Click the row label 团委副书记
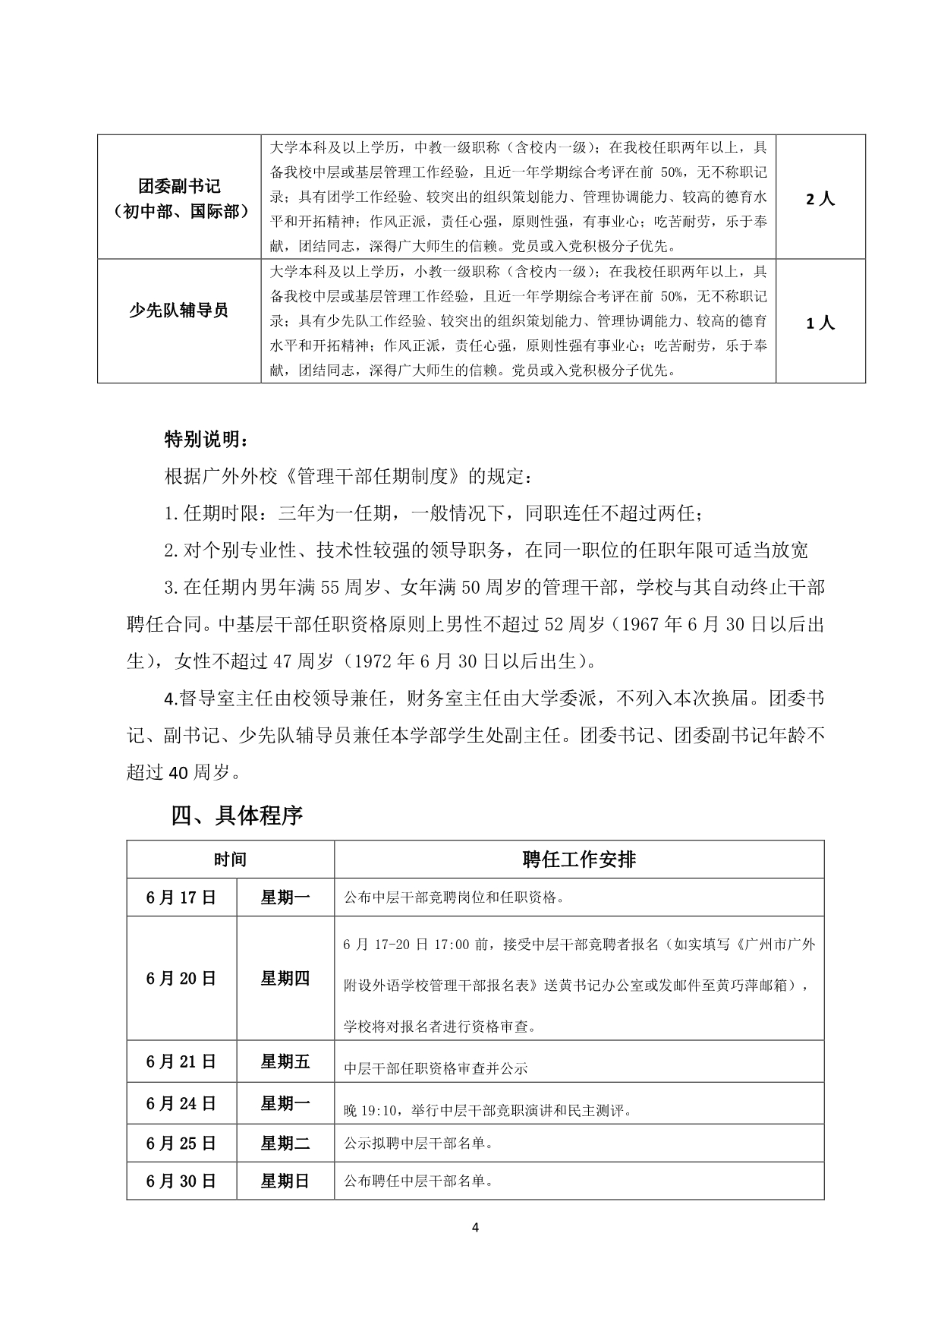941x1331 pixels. coord(179,186)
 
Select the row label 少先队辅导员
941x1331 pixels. coord(179,311)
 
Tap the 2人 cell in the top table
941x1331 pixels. coord(820,199)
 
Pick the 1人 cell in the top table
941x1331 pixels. coord(820,323)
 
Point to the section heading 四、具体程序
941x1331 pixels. coord(238,815)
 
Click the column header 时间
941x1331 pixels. coord(230,859)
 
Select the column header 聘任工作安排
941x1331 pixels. coord(579,859)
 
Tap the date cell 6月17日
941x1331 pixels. coord(181,897)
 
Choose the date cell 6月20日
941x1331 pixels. coord(181,978)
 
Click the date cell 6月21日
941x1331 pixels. coord(181,1061)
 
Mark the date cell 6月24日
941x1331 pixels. coord(181,1103)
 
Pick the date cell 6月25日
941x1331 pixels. coord(181,1143)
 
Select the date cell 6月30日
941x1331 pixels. coord(181,1181)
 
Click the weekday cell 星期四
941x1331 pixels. coord(285,978)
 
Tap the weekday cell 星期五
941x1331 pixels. coord(285,1061)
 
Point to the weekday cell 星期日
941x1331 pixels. coord(285,1181)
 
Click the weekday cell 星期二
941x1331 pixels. coord(285,1143)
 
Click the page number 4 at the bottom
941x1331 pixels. coord(475,1228)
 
